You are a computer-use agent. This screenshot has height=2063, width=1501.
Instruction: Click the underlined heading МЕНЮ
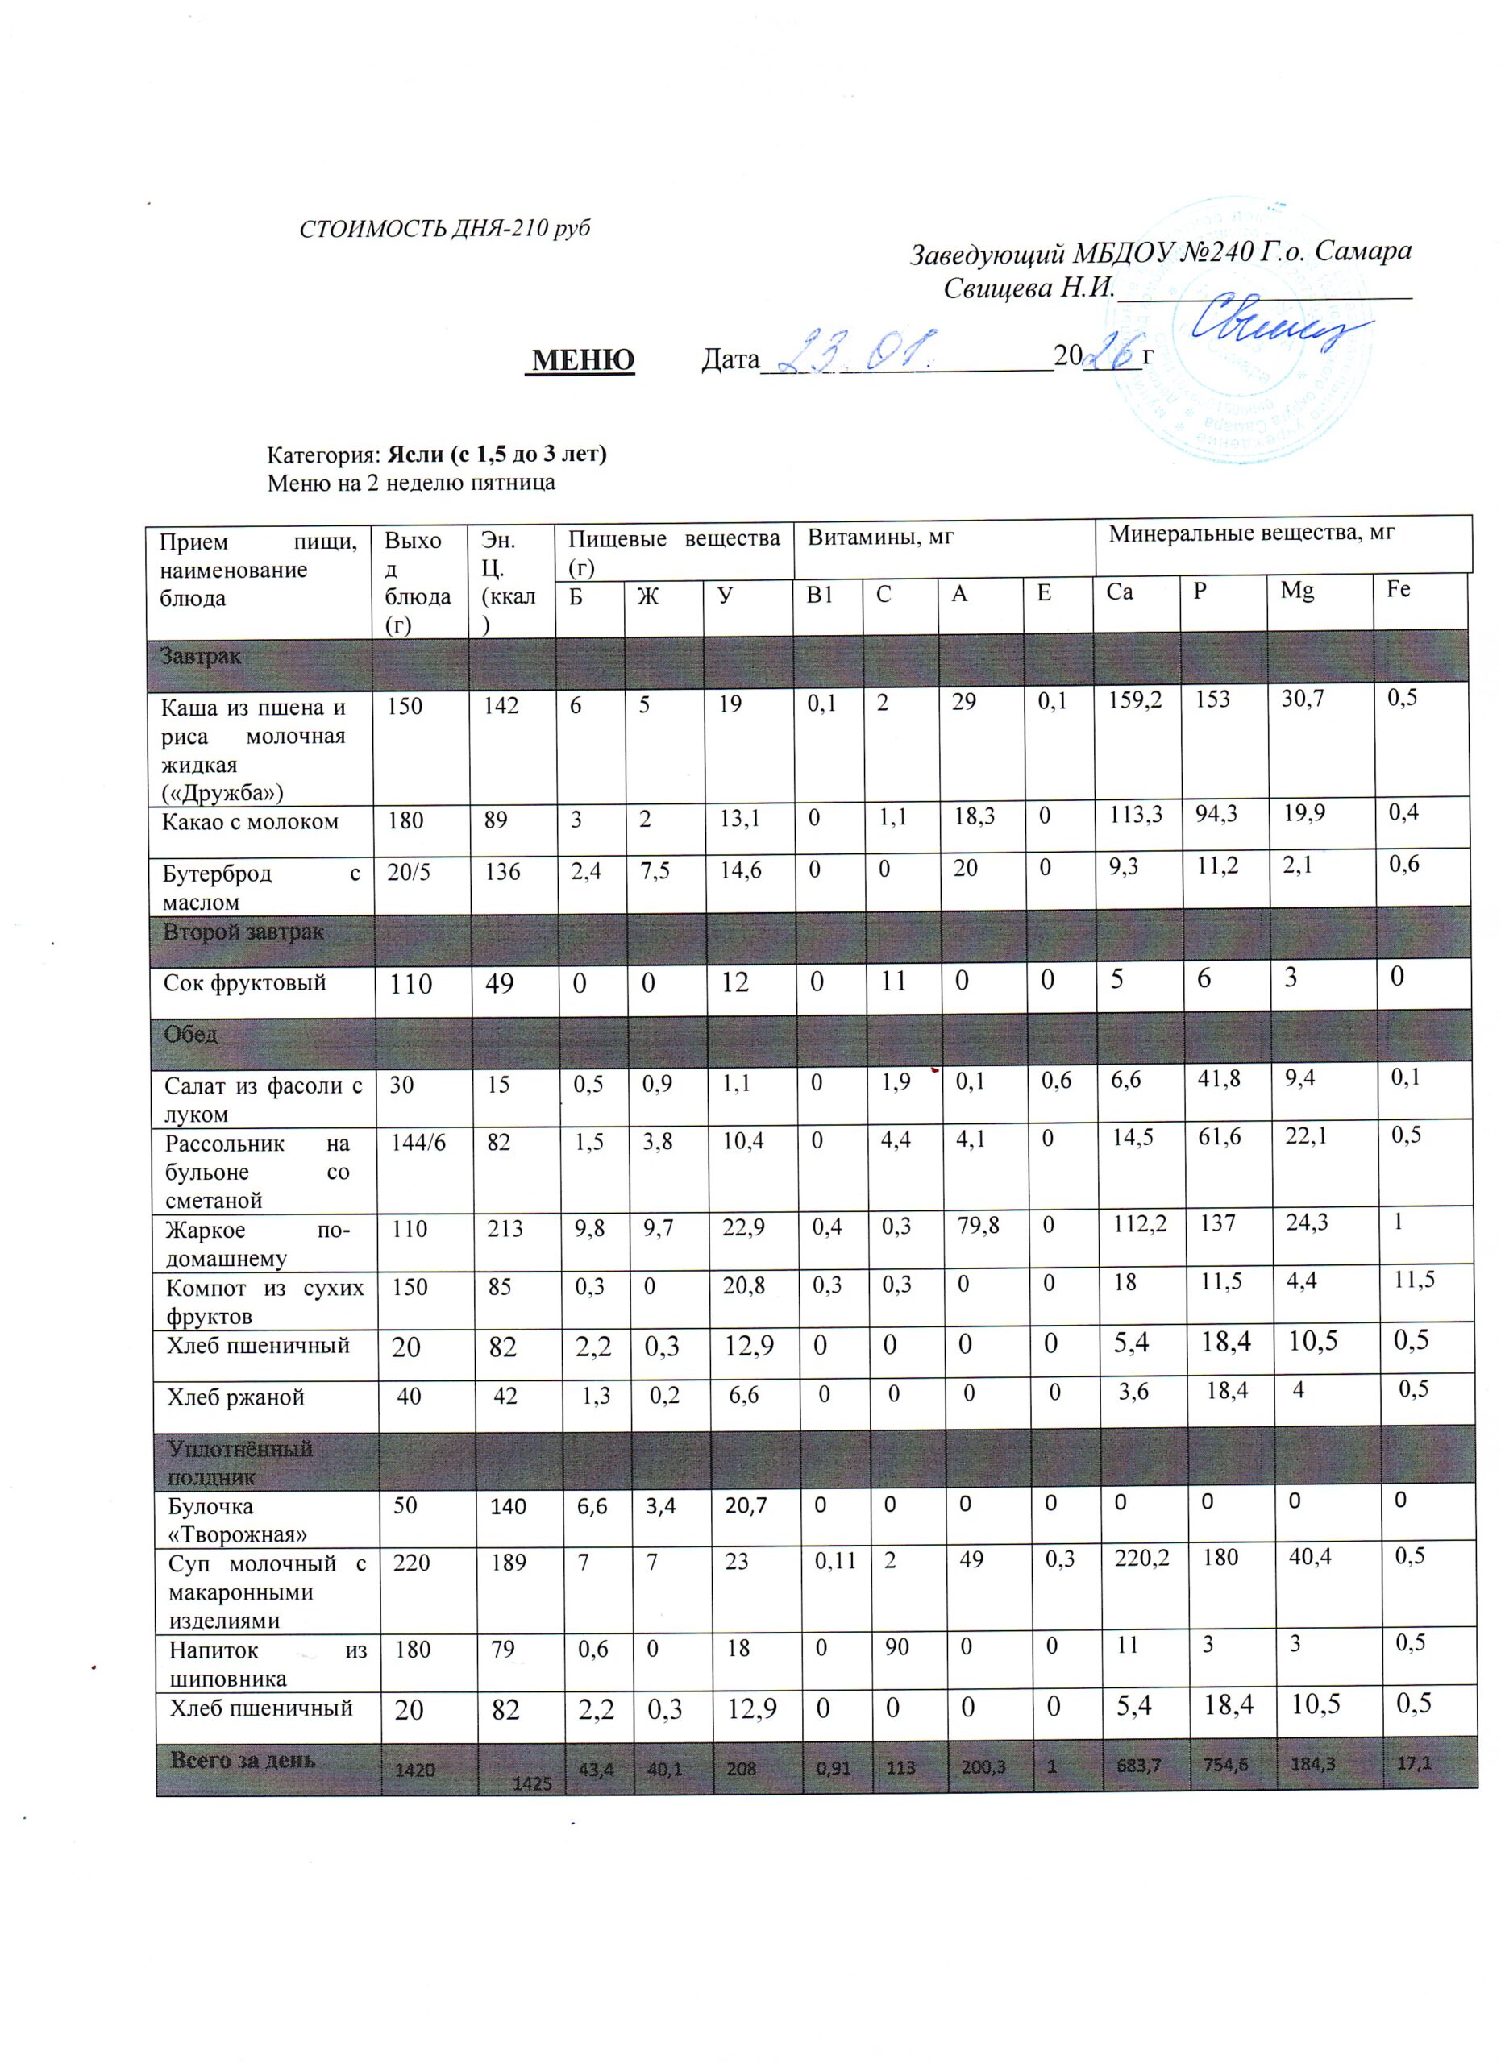[583, 360]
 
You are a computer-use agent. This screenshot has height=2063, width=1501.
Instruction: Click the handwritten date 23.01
[856, 353]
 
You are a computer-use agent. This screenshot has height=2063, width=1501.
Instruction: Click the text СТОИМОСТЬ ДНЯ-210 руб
[445, 228]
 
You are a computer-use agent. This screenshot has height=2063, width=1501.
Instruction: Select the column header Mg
[1296, 591]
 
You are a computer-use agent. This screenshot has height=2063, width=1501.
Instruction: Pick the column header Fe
[1398, 589]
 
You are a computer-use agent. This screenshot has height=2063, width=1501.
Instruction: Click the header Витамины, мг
[880, 538]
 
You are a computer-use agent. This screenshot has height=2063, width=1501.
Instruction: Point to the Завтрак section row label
[200, 657]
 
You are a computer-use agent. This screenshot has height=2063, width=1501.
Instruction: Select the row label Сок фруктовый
[245, 982]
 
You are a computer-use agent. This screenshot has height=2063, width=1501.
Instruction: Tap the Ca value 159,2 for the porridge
[1134, 700]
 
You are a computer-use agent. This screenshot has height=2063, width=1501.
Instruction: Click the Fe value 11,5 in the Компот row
[1414, 1280]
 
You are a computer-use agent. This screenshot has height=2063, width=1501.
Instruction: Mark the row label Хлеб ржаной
[235, 1398]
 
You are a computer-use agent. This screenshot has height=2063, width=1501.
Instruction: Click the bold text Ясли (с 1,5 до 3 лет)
[497, 454]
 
